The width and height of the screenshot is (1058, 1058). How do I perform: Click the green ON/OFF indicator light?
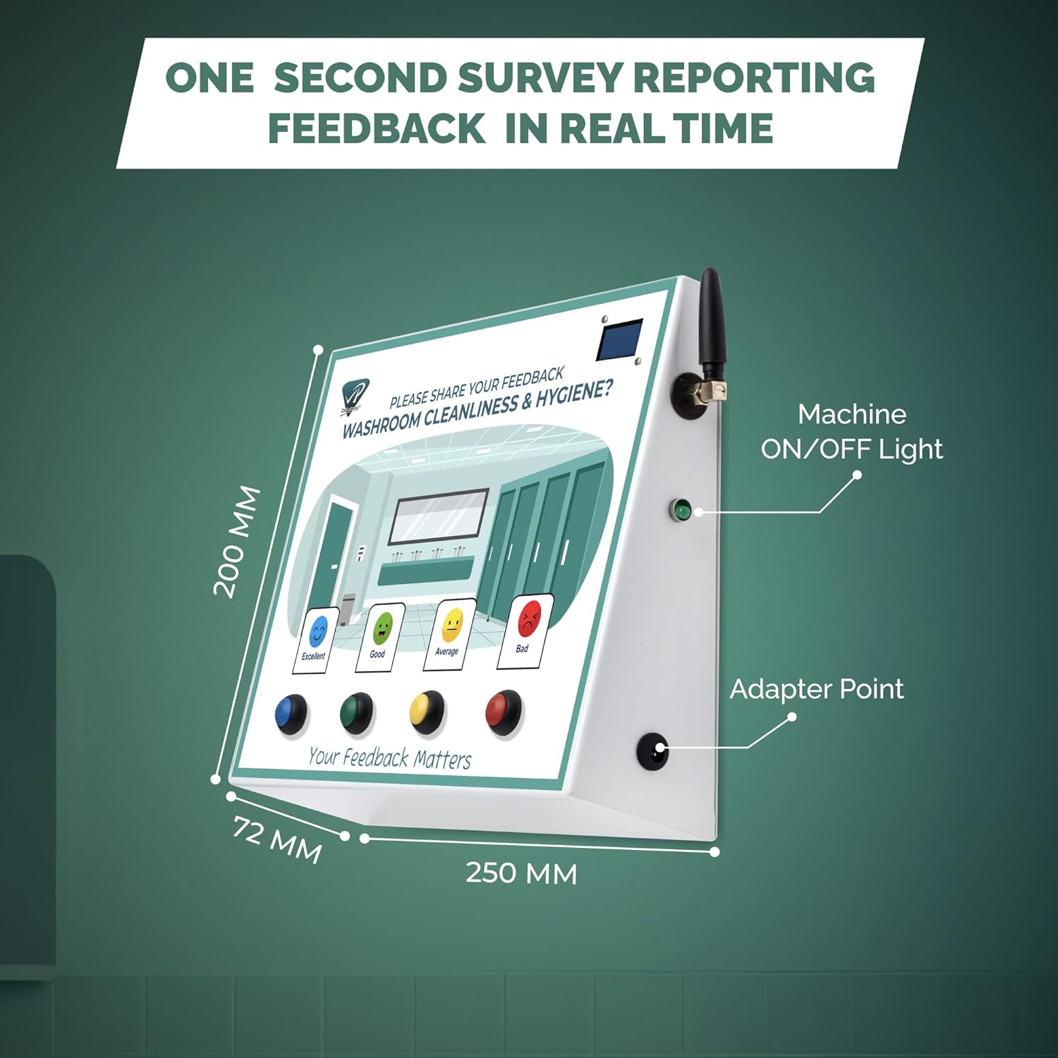click(681, 509)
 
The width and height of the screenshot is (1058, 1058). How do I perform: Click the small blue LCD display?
click(621, 339)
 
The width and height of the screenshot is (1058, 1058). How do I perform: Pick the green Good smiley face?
click(382, 626)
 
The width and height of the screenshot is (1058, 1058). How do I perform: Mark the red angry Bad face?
click(529, 619)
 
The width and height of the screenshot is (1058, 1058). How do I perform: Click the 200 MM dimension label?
click(237, 542)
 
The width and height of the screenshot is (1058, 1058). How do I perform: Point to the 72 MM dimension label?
click(277, 839)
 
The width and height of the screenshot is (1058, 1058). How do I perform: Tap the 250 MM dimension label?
click(521, 873)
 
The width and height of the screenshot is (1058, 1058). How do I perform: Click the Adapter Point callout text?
click(816, 689)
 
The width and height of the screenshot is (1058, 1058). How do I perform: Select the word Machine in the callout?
click(851, 414)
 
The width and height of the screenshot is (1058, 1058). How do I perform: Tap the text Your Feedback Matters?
click(389, 758)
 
